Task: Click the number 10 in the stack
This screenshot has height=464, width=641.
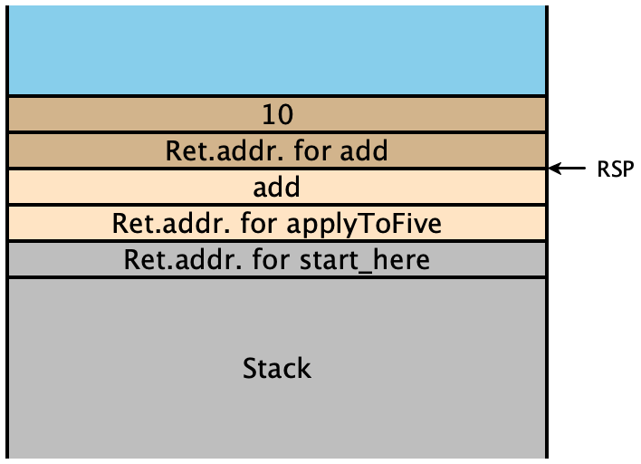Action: pos(278,114)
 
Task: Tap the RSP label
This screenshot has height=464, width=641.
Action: pos(616,169)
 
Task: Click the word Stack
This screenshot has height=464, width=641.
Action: pos(277,368)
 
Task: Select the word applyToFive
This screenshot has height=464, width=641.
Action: pos(364,225)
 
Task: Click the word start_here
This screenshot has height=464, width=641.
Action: pos(365,260)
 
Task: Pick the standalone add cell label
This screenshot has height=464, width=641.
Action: pos(277,188)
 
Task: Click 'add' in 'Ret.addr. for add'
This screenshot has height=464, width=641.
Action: pos(364,151)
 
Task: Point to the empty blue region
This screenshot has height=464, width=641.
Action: pos(277,50)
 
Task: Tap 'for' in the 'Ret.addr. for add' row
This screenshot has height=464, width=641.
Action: pos(312,151)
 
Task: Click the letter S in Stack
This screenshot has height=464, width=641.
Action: pos(250,368)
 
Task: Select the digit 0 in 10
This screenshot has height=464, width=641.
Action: pos(285,114)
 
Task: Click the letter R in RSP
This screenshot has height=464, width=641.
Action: pos(603,169)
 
